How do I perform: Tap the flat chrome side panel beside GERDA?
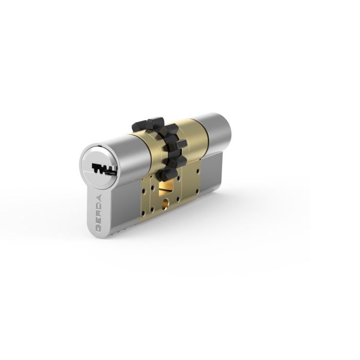point(121,211)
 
